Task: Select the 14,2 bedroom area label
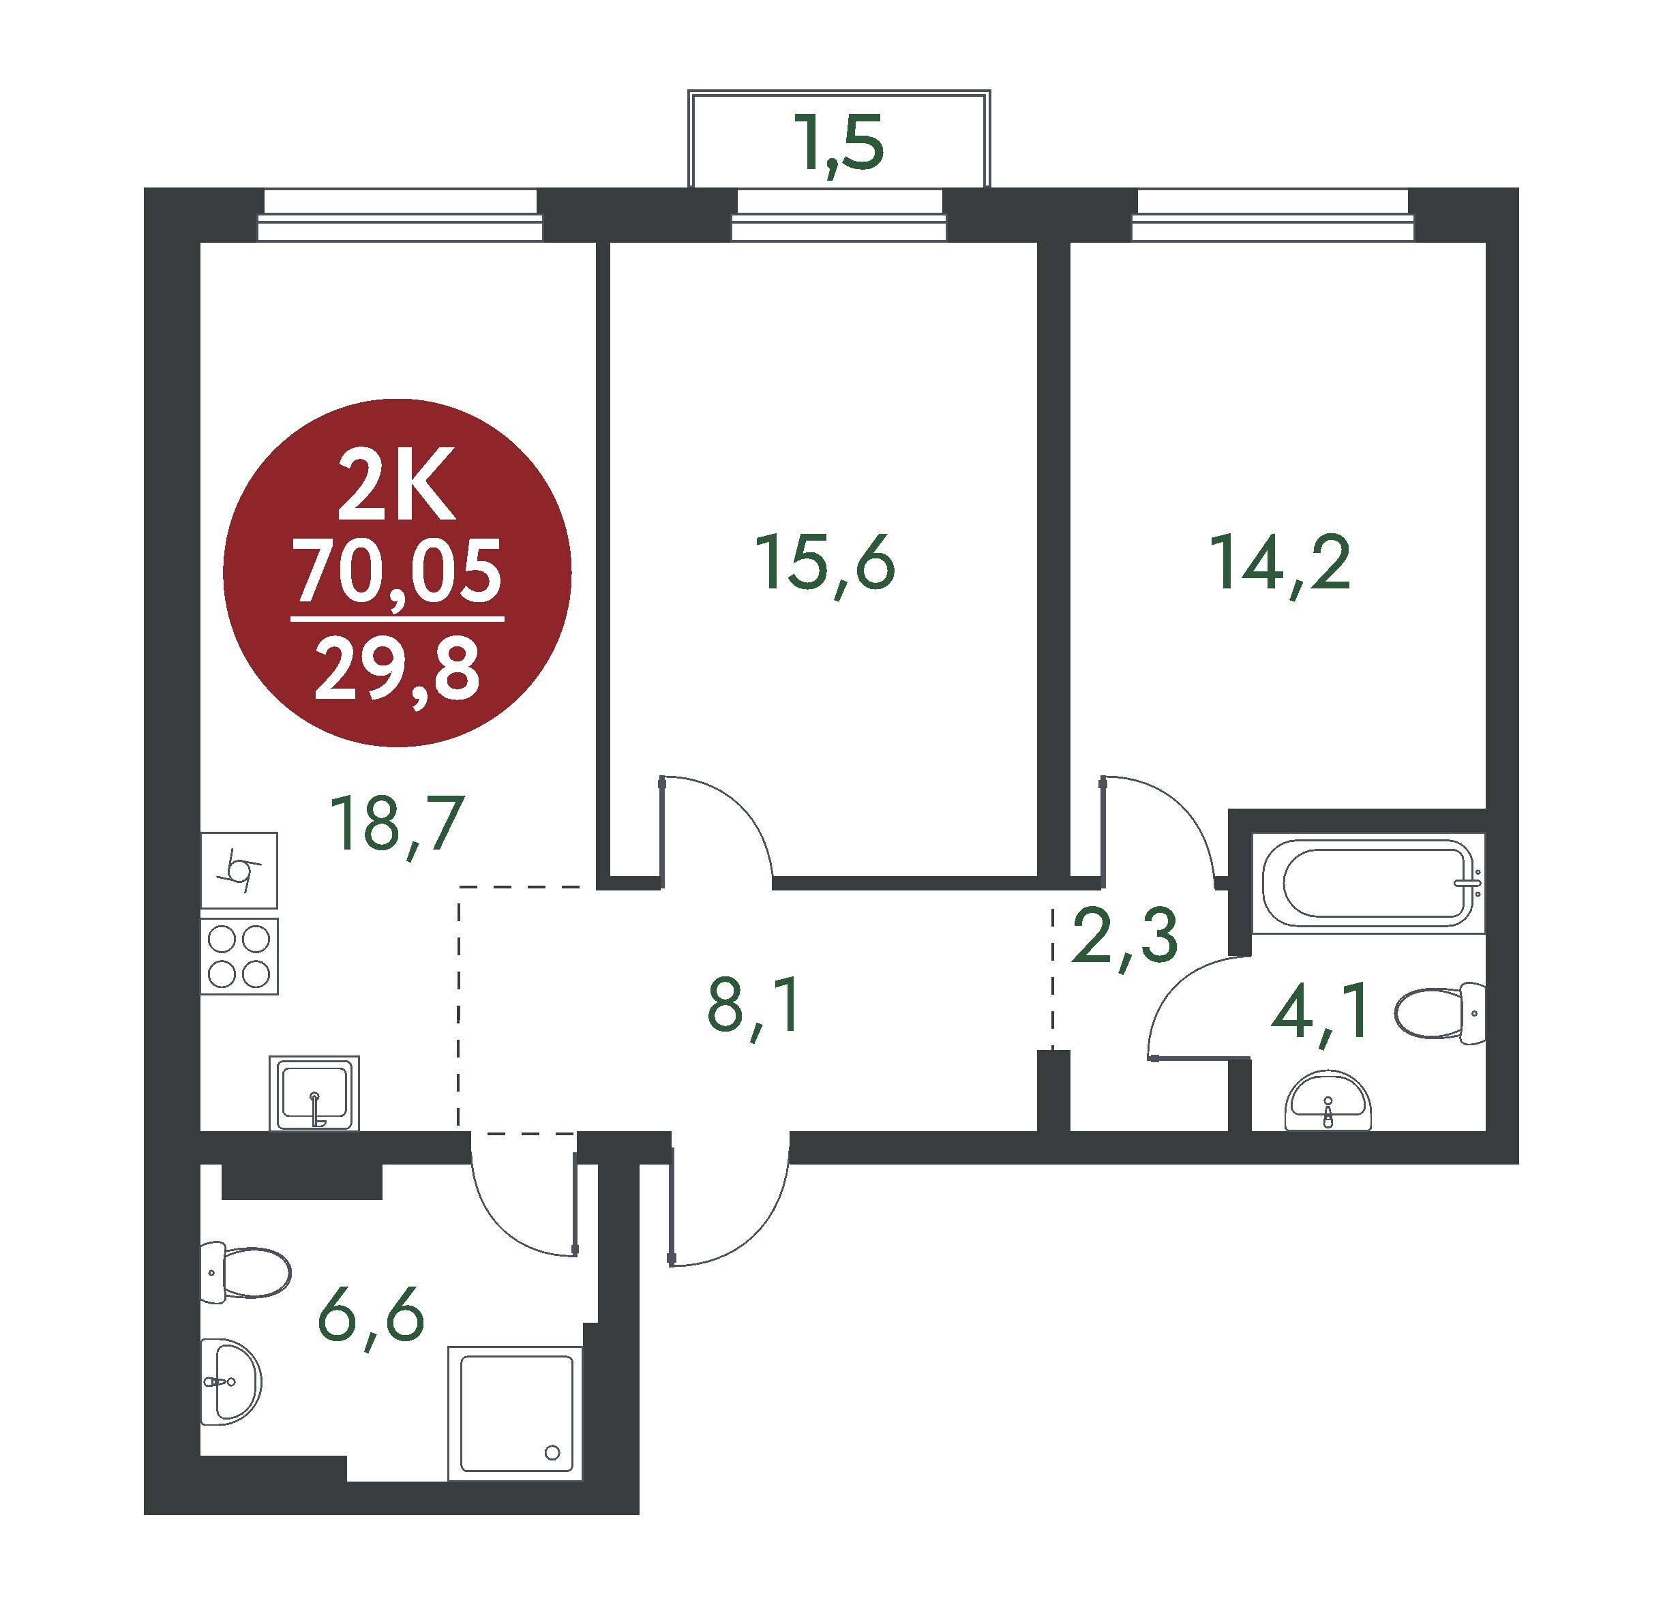[1280, 563]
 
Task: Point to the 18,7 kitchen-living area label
[397, 824]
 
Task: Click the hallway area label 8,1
[753, 1007]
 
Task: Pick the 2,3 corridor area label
[1124, 937]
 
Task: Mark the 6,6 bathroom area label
[371, 1316]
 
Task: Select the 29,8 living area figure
[397, 671]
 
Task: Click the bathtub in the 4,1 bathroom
[1368, 882]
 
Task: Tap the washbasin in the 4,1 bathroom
[1328, 1100]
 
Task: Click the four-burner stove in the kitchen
[239, 956]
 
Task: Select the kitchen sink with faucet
[314, 1093]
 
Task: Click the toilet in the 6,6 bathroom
[245, 1272]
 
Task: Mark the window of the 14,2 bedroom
[1273, 215]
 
